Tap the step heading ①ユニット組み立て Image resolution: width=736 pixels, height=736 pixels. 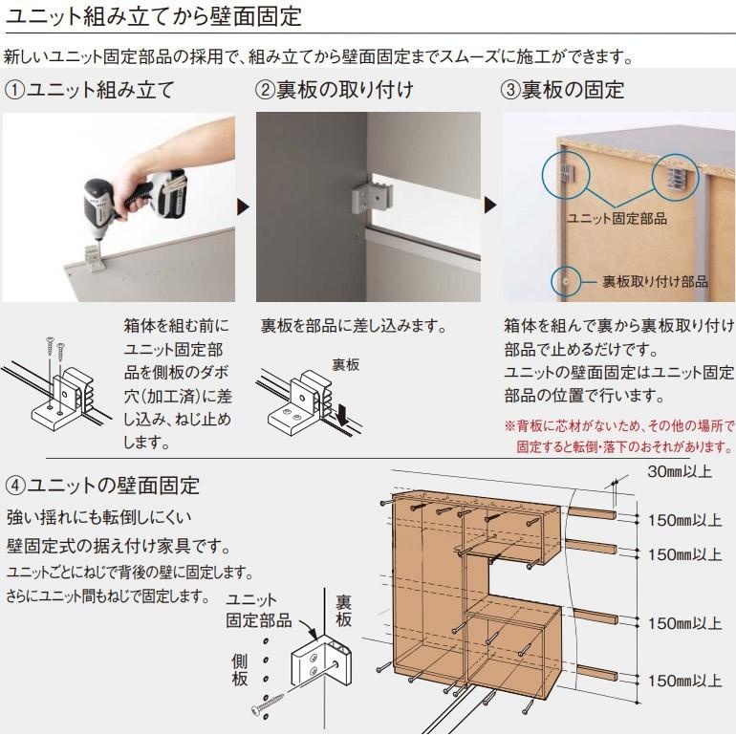[90, 91]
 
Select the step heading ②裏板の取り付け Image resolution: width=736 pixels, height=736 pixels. [335, 91]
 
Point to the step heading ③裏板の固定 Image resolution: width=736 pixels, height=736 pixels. [563, 91]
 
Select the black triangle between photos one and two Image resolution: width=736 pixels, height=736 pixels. [243, 206]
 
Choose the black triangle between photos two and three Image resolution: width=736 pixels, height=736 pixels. [491, 206]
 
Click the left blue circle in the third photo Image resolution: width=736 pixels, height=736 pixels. [561, 172]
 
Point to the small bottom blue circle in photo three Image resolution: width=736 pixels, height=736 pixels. [566, 281]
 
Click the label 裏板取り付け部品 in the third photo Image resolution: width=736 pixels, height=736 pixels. [655, 281]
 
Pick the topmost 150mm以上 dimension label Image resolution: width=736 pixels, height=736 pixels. [682, 521]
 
